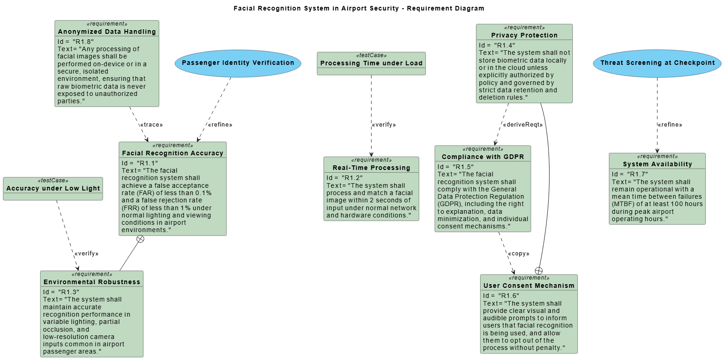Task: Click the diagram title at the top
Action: click(x=359, y=8)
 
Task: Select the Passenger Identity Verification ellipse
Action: click(x=238, y=63)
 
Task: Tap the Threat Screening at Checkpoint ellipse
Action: click(x=657, y=63)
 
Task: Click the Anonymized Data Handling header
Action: click(x=106, y=32)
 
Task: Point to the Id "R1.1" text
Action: click(x=139, y=163)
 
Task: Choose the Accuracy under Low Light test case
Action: click(x=53, y=188)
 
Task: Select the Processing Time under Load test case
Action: click(x=371, y=63)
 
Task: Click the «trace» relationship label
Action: click(x=151, y=125)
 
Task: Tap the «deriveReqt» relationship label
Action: click(x=523, y=125)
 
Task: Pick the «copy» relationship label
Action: click(x=518, y=254)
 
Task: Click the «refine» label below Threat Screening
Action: click(x=670, y=125)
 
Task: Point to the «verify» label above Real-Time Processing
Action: click(x=384, y=125)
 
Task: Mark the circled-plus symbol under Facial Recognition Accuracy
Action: click(x=140, y=239)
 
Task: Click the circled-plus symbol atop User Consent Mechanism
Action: click(x=539, y=271)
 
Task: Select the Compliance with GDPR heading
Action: click(x=482, y=157)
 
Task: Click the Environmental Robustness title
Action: click(x=92, y=282)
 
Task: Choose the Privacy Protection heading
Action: click(x=524, y=35)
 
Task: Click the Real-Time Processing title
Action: click(x=371, y=168)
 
